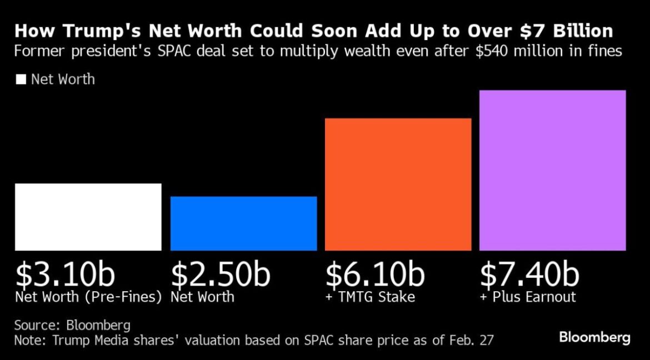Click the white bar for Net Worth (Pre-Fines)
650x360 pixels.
(x=88, y=217)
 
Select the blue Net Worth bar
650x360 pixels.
(x=243, y=223)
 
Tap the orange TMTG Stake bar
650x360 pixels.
(x=398, y=184)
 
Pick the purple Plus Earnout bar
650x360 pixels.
(x=552, y=170)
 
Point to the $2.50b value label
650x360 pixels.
(x=220, y=274)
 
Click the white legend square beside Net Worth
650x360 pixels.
(x=21, y=79)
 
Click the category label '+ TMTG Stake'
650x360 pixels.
(x=370, y=297)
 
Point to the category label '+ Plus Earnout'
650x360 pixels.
(x=528, y=297)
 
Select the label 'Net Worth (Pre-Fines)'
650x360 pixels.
(x=88, y=297)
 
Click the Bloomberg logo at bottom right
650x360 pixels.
(x=594, y=337)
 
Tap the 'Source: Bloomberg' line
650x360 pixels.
(x=72, y=325)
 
